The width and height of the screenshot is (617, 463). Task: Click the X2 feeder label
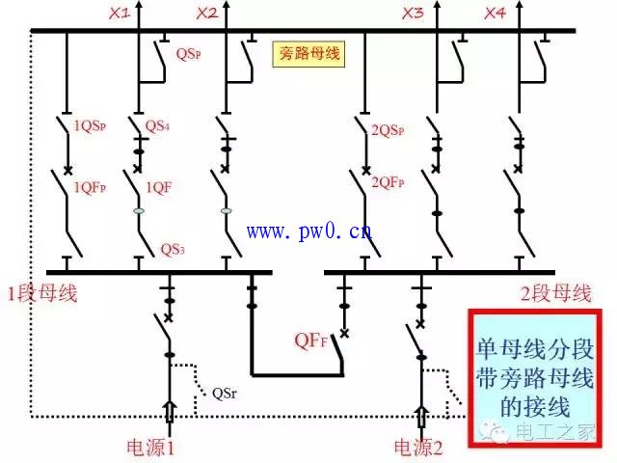[x=206, y=14]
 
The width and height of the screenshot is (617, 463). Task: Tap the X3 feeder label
[x=413, y=14]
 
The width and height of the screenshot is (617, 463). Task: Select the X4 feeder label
[x=495, y=14]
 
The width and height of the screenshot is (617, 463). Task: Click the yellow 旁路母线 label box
[x=309, y=54]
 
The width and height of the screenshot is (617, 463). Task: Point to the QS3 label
[x=173, y=249]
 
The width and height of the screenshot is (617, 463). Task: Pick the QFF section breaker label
[x=313, y=340]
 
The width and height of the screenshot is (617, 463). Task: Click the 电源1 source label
[x=150, y=448]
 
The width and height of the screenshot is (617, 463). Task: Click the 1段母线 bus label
[x=41, y=292]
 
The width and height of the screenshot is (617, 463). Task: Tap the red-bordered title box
[x=536, y=376]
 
